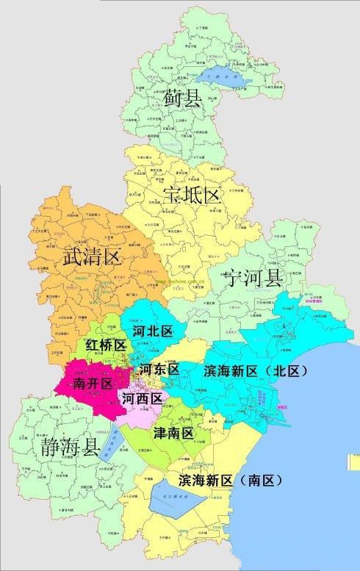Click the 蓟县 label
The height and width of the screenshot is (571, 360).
click(183, 98)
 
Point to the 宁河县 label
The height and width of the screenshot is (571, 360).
click(253, 278)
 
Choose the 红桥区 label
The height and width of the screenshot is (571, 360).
click(106, 345)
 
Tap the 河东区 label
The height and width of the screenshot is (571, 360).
click(159, 370)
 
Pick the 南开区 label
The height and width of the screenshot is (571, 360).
click(92, 384)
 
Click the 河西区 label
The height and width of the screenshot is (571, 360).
click(143, 399)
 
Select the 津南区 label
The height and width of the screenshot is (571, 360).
click(173, 434)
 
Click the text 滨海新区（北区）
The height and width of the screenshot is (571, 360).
click(254, 370)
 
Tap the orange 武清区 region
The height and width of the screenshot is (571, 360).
click(73, 228)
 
